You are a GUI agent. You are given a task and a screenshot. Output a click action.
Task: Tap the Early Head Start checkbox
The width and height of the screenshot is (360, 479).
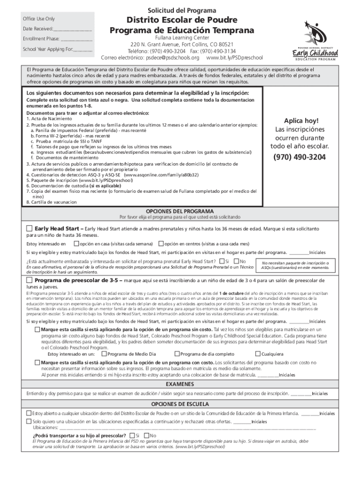click(x=29, y=228)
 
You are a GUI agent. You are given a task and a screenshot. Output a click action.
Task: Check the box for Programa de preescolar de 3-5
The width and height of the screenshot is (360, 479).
click(x=29, y=280)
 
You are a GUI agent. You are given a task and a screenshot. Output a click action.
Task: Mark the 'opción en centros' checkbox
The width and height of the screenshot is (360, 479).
click(x=161, y=243)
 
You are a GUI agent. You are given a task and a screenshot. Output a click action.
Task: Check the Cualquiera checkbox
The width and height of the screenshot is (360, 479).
click(x=257, y=354)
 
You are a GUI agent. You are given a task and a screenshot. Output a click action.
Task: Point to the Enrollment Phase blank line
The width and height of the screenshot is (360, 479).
click(x=76, y=40)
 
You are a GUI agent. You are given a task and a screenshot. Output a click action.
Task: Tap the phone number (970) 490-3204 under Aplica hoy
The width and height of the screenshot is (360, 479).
click(x=300, y=157)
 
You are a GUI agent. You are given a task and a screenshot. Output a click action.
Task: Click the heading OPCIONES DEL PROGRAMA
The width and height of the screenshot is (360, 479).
click(x=180, y=210)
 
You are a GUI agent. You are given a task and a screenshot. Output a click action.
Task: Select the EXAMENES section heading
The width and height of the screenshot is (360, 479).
click(x=180, y=384)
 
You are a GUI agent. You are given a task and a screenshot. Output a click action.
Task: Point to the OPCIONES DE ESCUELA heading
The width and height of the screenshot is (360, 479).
click(x=180, y=404)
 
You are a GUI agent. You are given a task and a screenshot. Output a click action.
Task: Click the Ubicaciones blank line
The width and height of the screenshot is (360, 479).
click(x=187, y=428)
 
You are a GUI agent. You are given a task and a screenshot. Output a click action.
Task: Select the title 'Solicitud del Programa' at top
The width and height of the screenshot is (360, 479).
click(x=182, y=10)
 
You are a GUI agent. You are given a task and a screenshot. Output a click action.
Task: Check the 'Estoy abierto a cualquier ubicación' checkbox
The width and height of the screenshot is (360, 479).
click(x=29, y=413)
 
